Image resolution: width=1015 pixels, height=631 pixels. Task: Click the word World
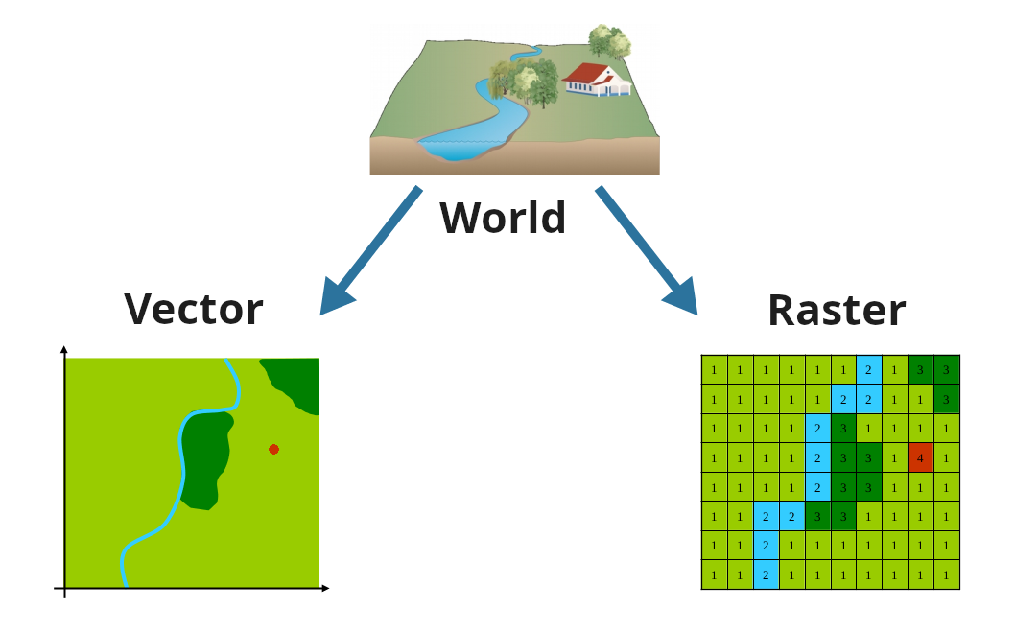(503, 218)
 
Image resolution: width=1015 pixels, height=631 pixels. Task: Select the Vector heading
(194, 309)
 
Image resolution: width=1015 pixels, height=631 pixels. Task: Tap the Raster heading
(837, 311)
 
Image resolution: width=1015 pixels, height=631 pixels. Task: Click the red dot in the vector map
(273, 449)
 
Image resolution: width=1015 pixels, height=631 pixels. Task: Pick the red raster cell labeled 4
(920, 457)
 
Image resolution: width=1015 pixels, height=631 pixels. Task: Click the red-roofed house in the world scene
(597, 81)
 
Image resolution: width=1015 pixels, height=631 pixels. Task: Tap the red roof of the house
(591, 72)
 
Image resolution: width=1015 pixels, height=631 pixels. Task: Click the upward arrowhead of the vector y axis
(64, 349)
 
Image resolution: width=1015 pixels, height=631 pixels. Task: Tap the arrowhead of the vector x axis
(325, 588)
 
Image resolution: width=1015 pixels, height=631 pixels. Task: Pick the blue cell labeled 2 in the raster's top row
(868, 369)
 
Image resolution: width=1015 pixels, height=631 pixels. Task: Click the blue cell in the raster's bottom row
(766, 575)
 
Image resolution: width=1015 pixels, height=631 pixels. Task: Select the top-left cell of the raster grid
(714, 369)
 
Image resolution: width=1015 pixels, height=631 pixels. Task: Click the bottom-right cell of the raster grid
(946, 575)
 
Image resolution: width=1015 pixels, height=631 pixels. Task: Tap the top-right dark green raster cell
(946, 369)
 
